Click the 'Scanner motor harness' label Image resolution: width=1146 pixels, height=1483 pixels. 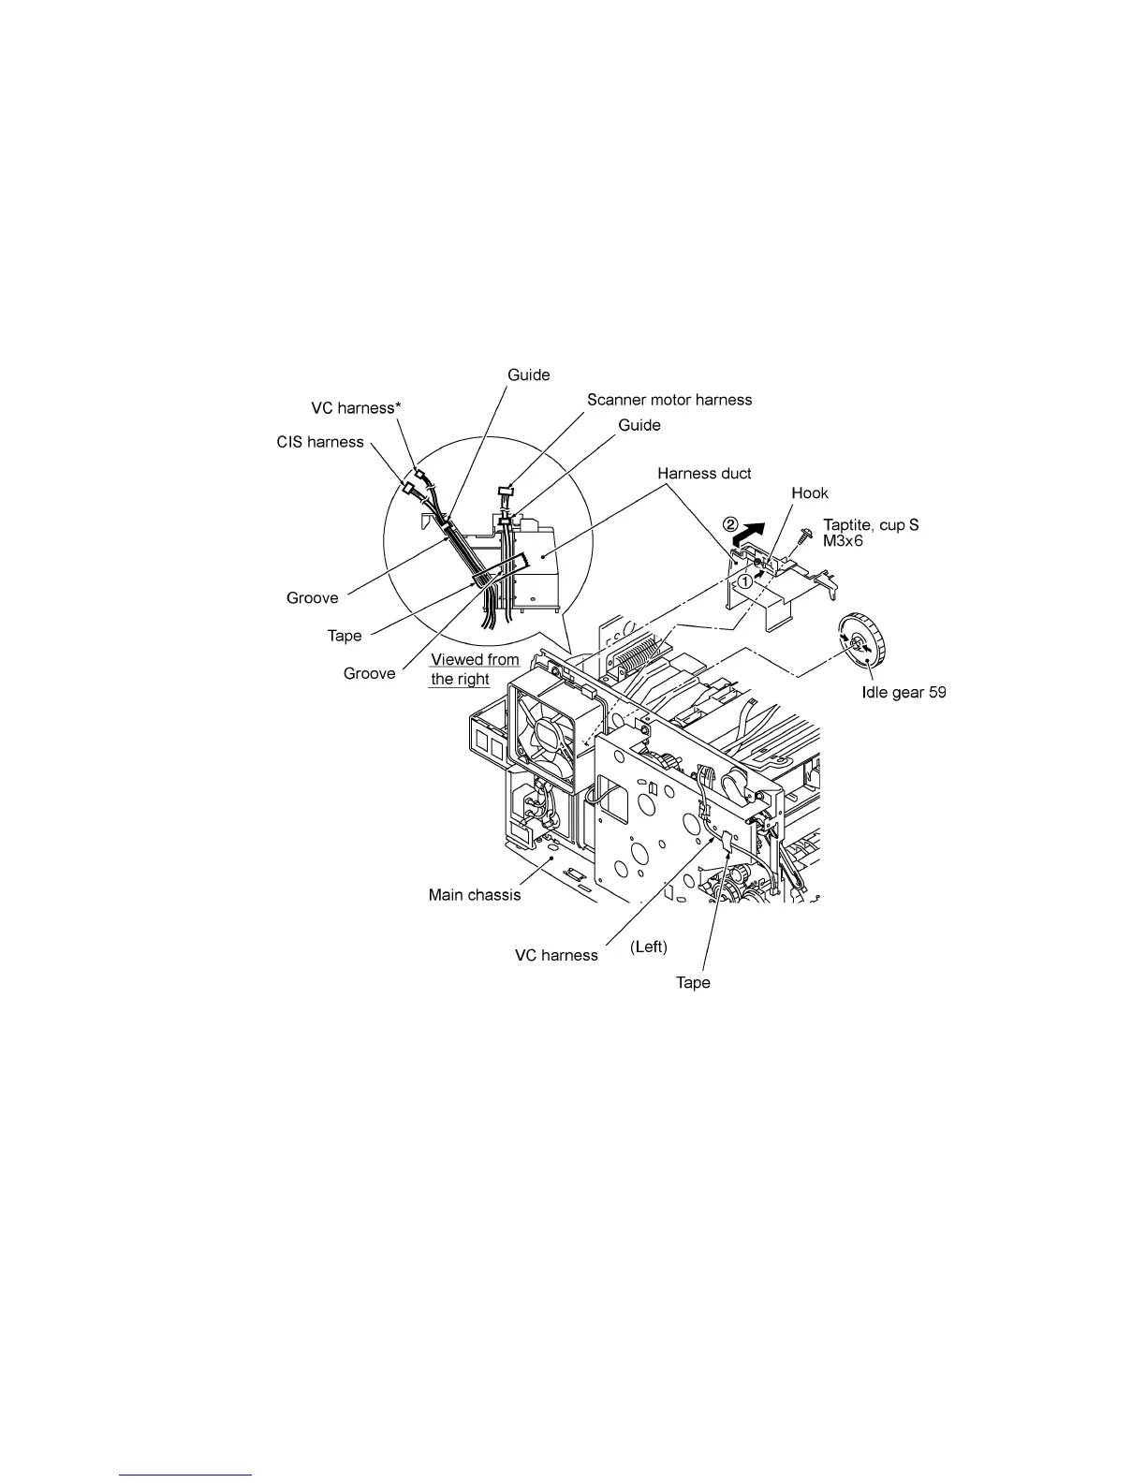(x=668, y=400)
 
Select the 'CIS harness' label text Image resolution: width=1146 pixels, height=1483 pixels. (x=319, y=442)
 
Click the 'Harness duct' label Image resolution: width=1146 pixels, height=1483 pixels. (x=703, y=474)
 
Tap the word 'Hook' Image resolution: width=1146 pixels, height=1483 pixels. (x=810, y=493)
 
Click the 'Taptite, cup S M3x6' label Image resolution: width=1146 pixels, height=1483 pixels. (x=870, y=533)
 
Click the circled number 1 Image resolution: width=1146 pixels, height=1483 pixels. (x=744, y=580)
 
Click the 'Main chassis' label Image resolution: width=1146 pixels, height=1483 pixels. (x=474, y=895)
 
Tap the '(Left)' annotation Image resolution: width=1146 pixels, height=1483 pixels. (x=649, y=947)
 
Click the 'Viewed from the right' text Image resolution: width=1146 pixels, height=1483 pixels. (x=474, y=669)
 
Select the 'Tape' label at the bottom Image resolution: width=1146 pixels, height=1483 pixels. (x=693, y=982)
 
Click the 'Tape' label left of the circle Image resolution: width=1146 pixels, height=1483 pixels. (x=344, y=636)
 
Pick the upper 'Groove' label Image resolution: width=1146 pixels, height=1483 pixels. (x=312, y=598)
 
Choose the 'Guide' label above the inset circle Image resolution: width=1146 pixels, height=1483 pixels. (x=528, y=374)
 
